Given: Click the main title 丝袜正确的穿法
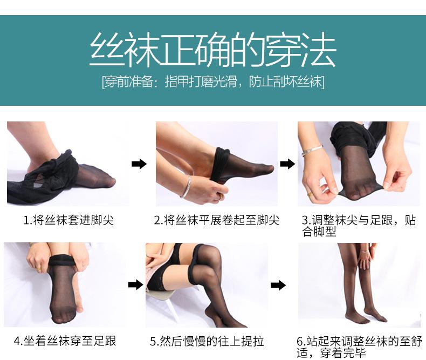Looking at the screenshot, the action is (213, 50).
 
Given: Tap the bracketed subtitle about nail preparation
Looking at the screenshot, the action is (213, 81).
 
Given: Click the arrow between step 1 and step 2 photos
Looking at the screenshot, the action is (139, 164).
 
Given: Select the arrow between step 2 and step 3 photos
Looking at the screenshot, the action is (287, 164).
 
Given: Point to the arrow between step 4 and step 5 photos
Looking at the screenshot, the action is (135, 285).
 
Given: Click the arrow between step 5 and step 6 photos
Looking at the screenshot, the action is (278, 286).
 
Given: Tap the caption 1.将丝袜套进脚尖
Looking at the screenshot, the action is (68, 220).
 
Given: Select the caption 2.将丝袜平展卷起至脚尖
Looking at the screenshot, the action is (217, 220).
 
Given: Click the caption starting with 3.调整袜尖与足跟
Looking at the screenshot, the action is (359, 226).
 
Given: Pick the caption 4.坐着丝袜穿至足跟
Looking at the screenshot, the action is (65, 341).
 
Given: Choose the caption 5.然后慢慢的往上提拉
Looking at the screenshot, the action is (207, 342).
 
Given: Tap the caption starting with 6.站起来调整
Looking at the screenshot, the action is (359, 347).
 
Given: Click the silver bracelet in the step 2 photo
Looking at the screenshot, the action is (186, 187).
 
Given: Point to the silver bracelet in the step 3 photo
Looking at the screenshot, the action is (312, 150).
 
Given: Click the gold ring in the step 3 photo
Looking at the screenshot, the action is (310, 195).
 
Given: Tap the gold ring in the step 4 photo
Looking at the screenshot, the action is (39, 269).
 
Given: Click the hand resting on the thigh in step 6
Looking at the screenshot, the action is (366, 257).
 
